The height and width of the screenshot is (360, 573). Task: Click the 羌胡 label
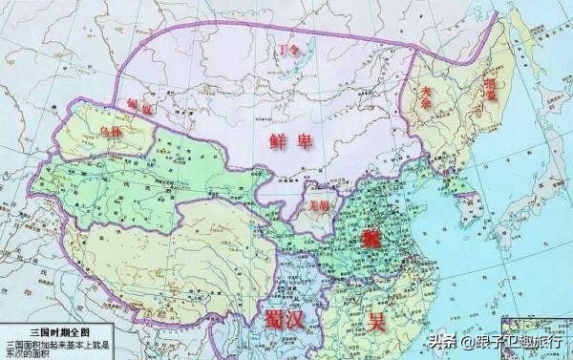pos(319,204)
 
